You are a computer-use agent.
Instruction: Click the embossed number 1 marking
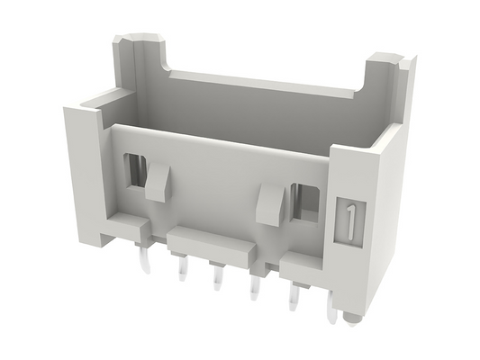coord(351,221)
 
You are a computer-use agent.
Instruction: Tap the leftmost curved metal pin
coord(145,259)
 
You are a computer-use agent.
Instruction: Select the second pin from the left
coord(183,268)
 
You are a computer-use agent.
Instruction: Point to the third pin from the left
coord(218,278)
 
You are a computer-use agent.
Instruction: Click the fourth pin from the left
coord(255,287)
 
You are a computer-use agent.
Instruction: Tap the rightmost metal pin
coord(332,309)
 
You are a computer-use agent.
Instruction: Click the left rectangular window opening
coord(135,170)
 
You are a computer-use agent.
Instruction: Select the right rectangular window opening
coord(305,201)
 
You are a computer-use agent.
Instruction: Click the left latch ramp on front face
coord(158,182)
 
